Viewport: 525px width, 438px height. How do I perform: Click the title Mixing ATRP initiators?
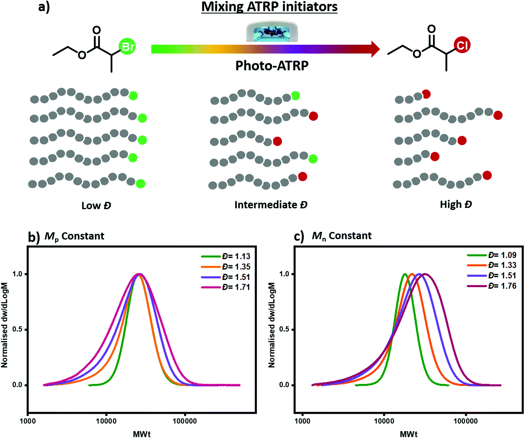tap(269, 7)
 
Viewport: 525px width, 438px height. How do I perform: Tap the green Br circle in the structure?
tap(127, 47)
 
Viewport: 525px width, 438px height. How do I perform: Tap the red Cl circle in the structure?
tap(462, 45)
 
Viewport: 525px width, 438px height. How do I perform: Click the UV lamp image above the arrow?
tap(272, 31)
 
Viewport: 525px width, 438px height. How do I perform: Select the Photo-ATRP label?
tap(272, 66)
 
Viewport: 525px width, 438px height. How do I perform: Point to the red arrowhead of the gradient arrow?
tap(375, 49)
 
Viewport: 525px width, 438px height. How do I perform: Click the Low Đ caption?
tap(96, 205)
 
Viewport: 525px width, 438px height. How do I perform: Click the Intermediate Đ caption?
tap(271, 205)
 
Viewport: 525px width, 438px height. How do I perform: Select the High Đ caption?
tap(456, 204)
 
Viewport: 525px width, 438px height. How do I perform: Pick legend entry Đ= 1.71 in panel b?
tap(236, 287)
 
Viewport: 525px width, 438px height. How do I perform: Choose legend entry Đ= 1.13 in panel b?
tap(236, 256)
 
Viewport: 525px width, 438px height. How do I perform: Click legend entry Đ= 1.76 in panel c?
tap(502, 286)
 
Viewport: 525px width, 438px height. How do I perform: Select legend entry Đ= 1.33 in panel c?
tap(502, 265)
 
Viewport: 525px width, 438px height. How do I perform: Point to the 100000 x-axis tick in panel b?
tap(185, 421)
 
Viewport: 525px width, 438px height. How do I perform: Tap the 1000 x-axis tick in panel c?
tap(302, 421)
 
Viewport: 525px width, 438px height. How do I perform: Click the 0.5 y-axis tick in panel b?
tap(17, 329)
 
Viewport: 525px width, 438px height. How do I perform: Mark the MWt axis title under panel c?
tap(408, 434)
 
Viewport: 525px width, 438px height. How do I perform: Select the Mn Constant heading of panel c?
tap(341, 236)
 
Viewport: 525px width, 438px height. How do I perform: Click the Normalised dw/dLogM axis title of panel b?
tap(4, 325)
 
